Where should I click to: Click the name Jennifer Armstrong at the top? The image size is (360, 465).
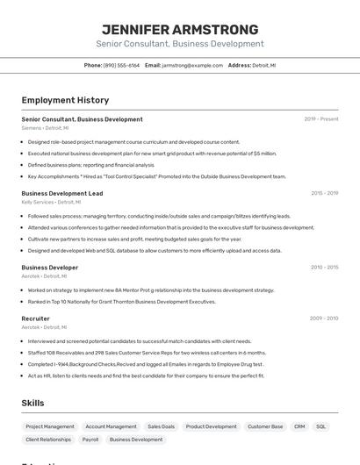pyautogui.click(x=180, y=29)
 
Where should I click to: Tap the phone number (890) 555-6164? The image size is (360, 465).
pyautogui.click(x=121, y=66)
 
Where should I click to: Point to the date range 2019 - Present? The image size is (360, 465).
pyautogui.click(x=321, y=119)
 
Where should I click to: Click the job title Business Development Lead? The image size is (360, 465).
pyautogui.click(x=62, y=193)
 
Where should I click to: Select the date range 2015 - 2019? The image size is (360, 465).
pyautogui.click(x=324, y=193)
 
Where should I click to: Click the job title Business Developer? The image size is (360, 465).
pyautogui.click(x=50, y=267)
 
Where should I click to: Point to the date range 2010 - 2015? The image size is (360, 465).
pyautogui.click(x=324, y=267)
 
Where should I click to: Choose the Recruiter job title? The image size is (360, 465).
pyautogui.click(x=36, y=318)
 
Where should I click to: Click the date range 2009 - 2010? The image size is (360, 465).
pyautogui.click(x=324, y=318)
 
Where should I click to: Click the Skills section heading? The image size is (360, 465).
pyautogui.click(x=33, y=403)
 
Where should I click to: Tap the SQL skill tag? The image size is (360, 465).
pyautogui.click(x=321, y=426)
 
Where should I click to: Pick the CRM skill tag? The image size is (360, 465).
pyautogui.click(x=299, y=426)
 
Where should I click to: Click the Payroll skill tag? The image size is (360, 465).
pyautogui.click(x=90, y=440)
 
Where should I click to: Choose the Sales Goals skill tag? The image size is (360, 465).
pyautogui.click(x=161, y=426)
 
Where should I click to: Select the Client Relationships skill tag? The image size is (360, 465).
pyautogui.click(x=48, y=440)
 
